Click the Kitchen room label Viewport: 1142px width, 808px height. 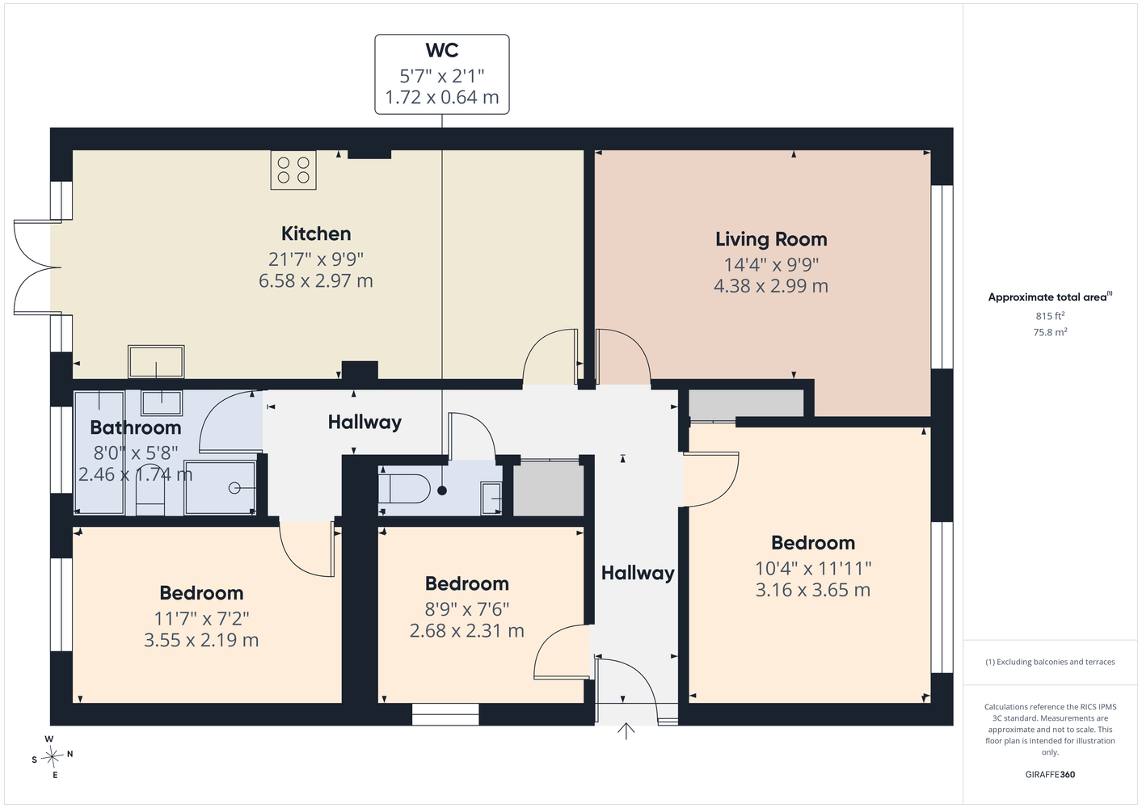(x=316, y=234)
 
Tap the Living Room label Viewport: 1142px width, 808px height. (x=771, y=239)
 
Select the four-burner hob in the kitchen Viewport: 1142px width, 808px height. (x=293, y=170)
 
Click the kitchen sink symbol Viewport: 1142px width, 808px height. (x=156, y=361)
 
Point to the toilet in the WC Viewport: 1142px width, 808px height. (x=405, y=489)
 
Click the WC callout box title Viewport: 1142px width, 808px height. (x=442, y=50)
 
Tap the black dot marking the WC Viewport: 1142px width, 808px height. (x=443, y=491)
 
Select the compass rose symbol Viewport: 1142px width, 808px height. (x=52, y=756)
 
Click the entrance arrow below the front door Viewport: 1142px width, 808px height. (x=626, y=731)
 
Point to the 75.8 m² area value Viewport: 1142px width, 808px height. (x=1050, y=332)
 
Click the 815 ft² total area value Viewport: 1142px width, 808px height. (x=1050, y=316)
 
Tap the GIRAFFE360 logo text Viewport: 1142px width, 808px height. (x=1050, y=774)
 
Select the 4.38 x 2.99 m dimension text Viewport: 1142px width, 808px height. (x=771, y=286)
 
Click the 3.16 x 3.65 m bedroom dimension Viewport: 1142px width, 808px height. (x=813, y=590)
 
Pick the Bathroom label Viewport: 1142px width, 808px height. (x=136, y=427)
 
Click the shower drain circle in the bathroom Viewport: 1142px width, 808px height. (x=234, y=488)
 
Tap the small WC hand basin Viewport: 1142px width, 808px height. (x=491, y=498)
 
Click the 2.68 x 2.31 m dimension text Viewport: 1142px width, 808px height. (x=467, y=630)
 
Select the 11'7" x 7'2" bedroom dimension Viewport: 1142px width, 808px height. (x=202, y=618)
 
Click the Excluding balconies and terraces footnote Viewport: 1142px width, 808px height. (x=1050, y=662)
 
